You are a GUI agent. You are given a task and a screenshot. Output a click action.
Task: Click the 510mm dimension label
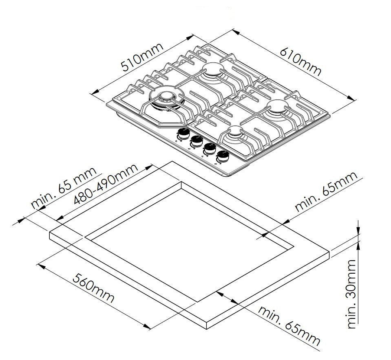tap(142, 57)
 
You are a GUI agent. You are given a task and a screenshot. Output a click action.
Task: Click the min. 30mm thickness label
tap(351, 294)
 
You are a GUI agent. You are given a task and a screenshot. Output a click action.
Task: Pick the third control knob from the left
tap(210, 148)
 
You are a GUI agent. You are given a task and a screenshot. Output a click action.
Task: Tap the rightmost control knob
tap(223, 156)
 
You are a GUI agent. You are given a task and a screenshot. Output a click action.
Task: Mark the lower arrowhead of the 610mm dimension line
tap(353, 98)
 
